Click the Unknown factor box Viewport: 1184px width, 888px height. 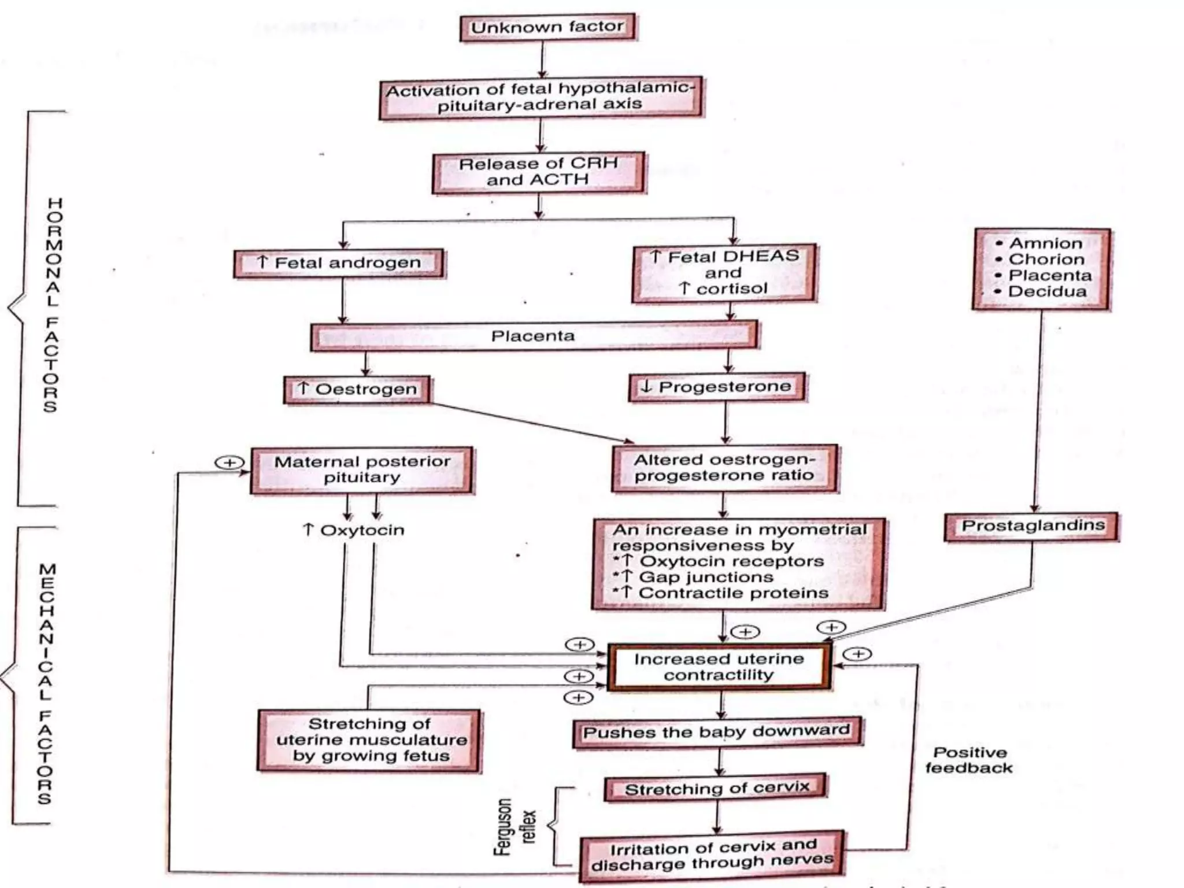[547, 27]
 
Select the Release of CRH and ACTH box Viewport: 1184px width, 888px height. [538, 172]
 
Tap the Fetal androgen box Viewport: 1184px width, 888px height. [339, 263]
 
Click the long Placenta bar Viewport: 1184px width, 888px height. [533, 336]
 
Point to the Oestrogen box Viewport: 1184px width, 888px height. [357, 389]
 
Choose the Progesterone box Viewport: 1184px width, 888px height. [717, 387]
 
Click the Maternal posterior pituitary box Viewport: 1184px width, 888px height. [362, 469]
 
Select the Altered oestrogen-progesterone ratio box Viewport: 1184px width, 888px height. [724, 468]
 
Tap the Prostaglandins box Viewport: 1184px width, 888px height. [1032, 526]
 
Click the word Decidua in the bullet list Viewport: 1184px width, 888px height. [1047, 291]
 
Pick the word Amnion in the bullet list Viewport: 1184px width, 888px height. [1045, 243]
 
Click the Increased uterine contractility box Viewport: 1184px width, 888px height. [719, 667]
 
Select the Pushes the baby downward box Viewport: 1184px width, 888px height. [717, 732]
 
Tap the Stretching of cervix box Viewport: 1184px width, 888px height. [716, 789]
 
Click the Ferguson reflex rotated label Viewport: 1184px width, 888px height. [514, 827]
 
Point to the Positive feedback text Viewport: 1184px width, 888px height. [969, 760]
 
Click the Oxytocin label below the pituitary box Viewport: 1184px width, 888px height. [354, 530]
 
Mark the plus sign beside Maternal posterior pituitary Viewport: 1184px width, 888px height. [230, 462]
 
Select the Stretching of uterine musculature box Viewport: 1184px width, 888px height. [370, 740]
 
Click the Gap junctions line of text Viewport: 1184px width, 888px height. [705, 577]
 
